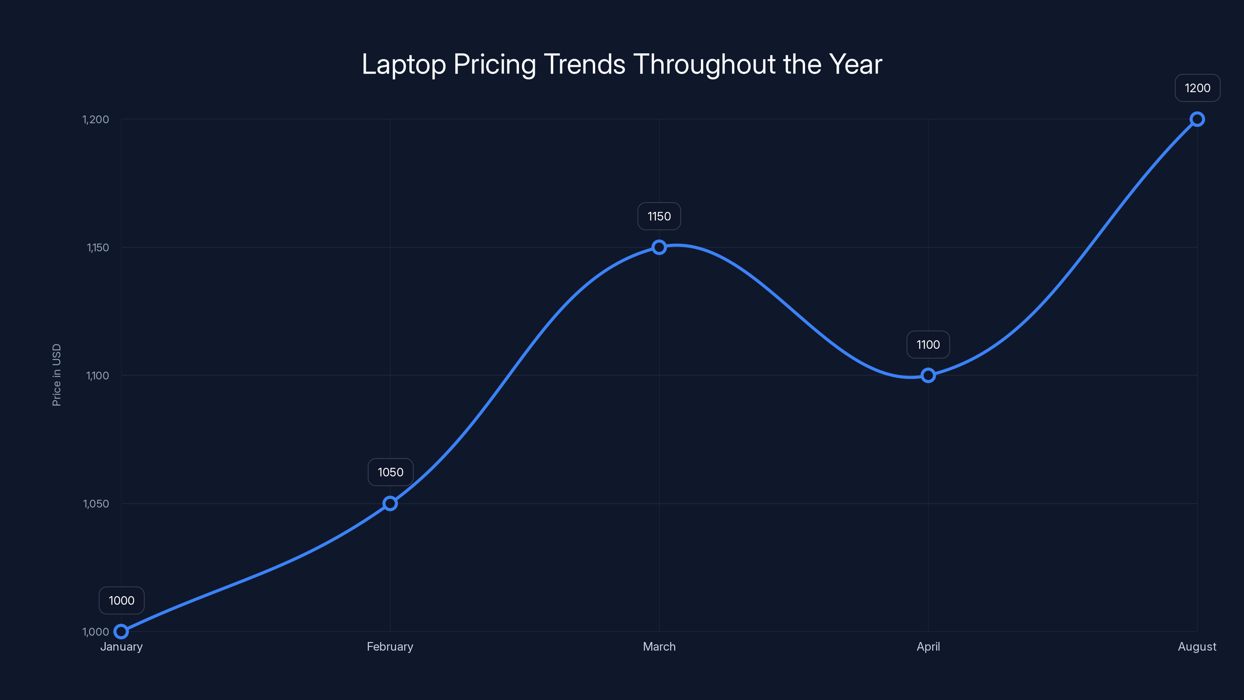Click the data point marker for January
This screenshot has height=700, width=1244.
coord(121,632)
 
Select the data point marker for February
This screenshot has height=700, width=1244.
coord(390,503)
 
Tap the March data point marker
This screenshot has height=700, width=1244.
coord(659,247)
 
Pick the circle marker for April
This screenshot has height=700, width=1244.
coord(928,375)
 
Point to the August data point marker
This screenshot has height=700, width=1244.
coord(1197,119)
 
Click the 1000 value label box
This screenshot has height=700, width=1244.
coord(122,600)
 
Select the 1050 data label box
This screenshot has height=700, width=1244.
coord(390,472)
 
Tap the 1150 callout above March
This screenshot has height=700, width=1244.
coord(659,217)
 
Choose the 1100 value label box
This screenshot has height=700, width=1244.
coord(928,345)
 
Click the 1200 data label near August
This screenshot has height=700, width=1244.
coord(1197,88)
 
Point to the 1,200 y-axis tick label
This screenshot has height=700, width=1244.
coord(96,119)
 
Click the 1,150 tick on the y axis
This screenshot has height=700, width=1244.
coord(98,247)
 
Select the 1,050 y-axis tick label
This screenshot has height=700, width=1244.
coord(96,503)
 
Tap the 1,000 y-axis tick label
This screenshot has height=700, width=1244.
coord(96,632)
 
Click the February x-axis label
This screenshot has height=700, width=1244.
coord(390,646)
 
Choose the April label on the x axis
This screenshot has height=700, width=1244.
coord(928,646)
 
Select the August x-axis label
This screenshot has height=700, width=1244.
coord(1197,646)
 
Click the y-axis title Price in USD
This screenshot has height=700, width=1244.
coord(56,375)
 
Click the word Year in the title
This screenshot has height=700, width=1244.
coord(855,64)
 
